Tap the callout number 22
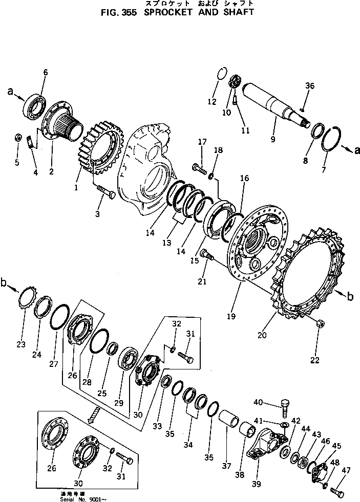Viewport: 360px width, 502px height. coord(314,359)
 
